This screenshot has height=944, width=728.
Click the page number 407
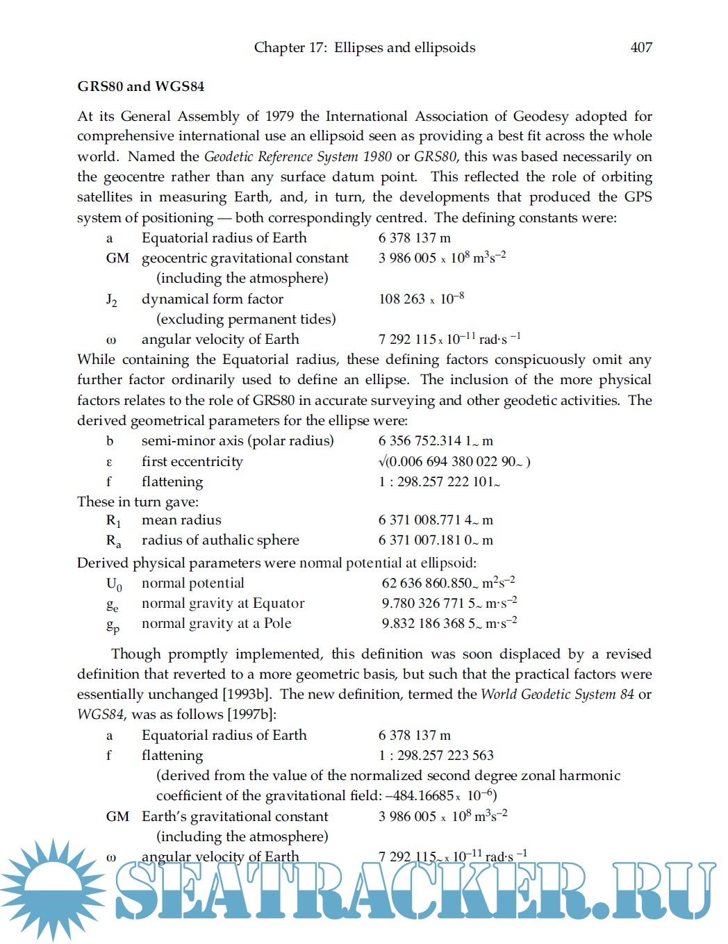coord(640,47)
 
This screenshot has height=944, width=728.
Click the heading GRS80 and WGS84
coord(140,86)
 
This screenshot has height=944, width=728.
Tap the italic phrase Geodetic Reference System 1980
coord(297,156)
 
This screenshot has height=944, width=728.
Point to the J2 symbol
coord(111,299)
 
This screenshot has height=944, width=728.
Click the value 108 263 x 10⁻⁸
coord(421,299)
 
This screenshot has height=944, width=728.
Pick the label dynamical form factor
coord(212,299)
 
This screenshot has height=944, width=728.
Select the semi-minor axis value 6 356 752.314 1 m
coord(436,440)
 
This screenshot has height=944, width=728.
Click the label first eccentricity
coord(192,461)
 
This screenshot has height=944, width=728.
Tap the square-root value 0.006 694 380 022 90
coord(454,461)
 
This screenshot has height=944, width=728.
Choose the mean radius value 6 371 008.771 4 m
coord(436,520)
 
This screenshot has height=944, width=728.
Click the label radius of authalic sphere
coord(220,540)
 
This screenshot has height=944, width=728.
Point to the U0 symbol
coord(113,584)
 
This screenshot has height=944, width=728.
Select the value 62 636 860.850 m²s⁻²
coord(448,583)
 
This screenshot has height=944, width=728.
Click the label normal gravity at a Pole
coord(216,623)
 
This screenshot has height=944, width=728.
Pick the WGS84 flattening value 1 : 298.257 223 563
coord(436,755)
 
